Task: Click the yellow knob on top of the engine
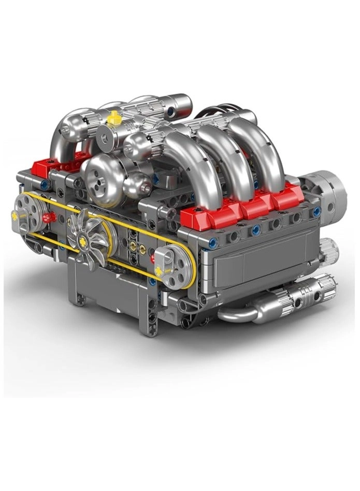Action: pyautogui.click(x=114, y=118)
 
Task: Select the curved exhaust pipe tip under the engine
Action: pyautogui.click(x=238, y=314)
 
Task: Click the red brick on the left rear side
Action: pyautogui.click(x=47, y=166)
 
